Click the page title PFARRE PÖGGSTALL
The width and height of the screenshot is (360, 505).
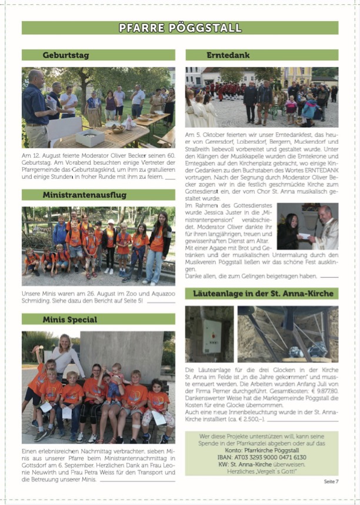coord(179,28)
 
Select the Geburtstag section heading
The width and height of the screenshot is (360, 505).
coord(65,55)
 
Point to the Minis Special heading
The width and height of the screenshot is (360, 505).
coord(69,319)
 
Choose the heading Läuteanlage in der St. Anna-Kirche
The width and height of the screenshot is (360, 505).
coord(262,293)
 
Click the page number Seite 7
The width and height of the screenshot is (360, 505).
coord(331,481)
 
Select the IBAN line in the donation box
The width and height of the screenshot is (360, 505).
coord(261,457)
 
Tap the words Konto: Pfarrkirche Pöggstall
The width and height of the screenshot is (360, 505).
coord(261,450)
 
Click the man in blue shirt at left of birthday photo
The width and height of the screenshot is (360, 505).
coord(36,106)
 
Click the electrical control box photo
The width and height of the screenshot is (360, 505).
coord(209,334)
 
